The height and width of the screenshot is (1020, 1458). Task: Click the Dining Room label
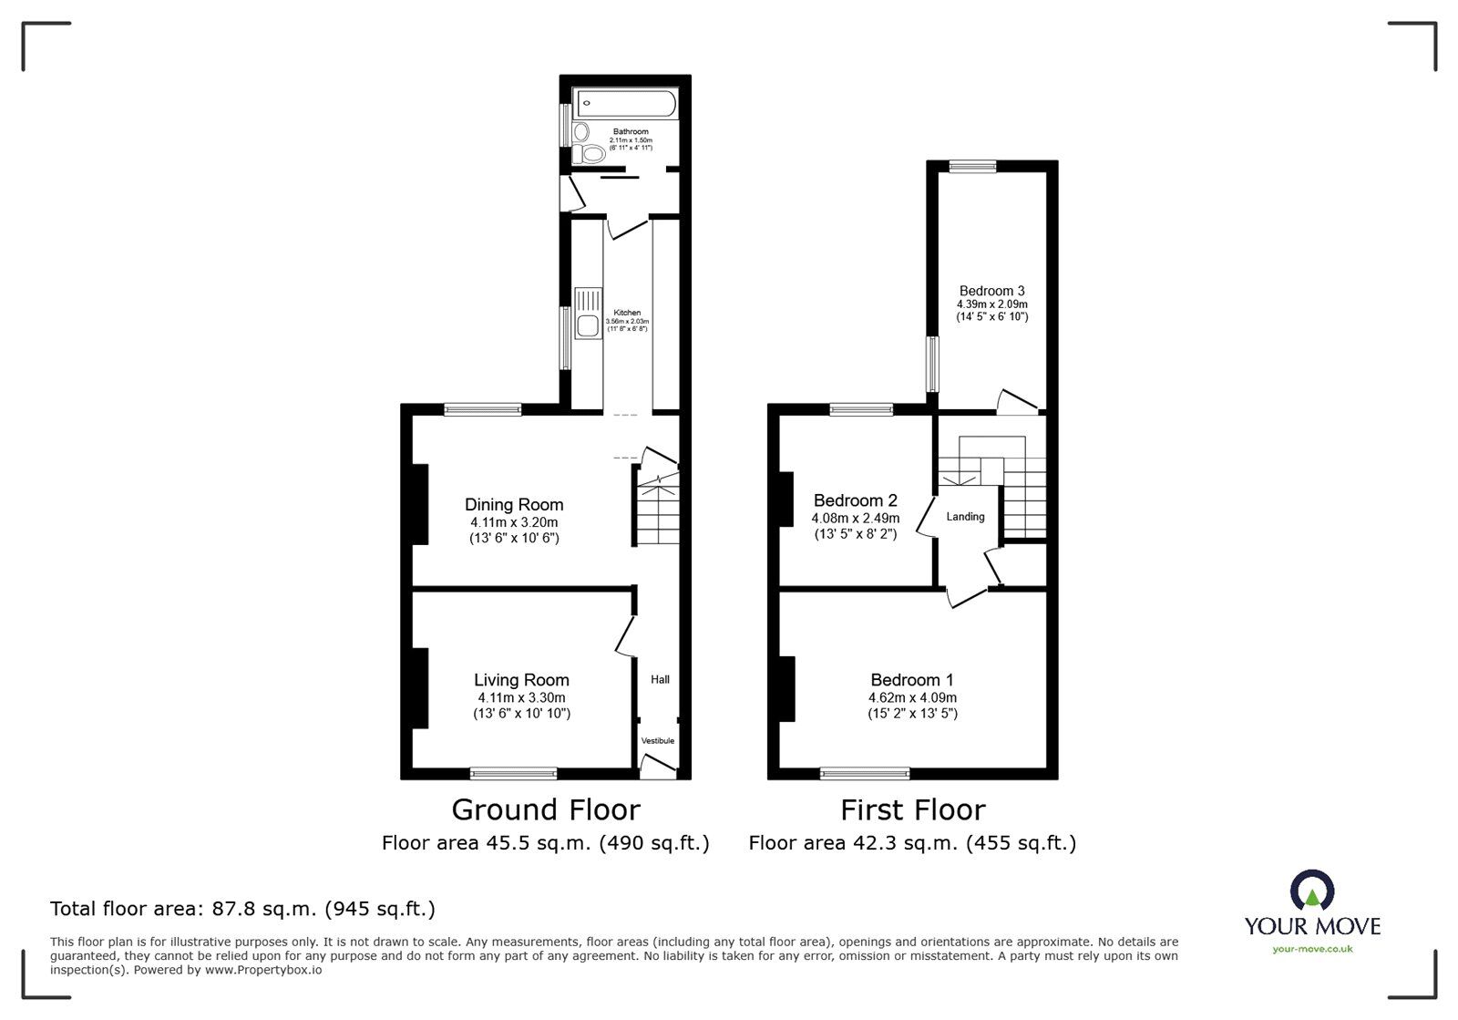514,505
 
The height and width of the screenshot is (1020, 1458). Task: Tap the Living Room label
521,680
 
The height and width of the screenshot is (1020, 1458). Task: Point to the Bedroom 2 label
855,500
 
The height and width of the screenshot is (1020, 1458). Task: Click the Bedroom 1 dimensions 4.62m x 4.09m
912,697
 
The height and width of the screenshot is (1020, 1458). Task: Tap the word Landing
965,517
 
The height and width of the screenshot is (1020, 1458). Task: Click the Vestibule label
658,741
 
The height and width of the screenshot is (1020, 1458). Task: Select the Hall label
660,680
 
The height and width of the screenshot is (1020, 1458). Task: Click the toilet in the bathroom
590,154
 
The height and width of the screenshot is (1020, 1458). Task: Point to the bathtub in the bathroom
625,102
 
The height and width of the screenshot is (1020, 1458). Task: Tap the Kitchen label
627,313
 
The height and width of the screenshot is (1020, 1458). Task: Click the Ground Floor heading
546,809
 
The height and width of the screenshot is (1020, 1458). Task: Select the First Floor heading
912,809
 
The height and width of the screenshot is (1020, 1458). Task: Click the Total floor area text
242,909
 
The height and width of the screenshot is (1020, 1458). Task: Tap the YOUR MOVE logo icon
1312,891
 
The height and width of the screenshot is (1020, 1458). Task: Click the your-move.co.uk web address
1312,949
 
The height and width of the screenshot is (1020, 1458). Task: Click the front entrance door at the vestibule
657,770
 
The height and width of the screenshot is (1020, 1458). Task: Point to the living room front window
513,774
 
